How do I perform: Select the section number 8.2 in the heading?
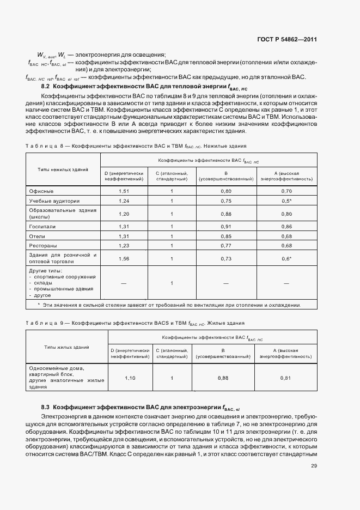point(46,86)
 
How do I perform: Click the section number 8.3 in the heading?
point(46,407)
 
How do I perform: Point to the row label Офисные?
point(41,191)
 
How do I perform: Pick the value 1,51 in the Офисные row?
point(124,191)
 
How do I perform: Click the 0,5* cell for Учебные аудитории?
point(286,201)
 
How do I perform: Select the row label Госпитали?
point(42,226)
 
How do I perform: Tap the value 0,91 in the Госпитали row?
point(226,226)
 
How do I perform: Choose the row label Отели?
point(38,236)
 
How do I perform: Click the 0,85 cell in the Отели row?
point(226,236)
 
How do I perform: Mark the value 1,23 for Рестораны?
point(124,246)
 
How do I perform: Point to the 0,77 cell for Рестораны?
point(226,246)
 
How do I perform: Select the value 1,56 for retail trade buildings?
point(124,258)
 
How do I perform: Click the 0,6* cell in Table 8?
point(286,258)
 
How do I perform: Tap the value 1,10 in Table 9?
point(130,378)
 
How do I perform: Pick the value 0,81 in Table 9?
point(286,378)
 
